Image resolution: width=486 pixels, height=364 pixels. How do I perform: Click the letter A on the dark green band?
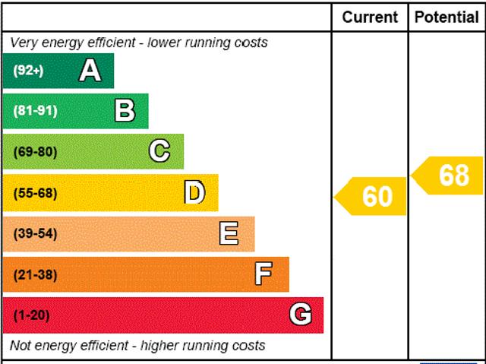[90, 71]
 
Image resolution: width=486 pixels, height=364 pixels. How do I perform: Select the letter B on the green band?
[125, 111]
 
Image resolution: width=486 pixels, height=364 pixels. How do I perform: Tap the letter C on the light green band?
[159, 151]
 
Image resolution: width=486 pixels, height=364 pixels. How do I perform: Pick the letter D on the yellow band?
[194, 193]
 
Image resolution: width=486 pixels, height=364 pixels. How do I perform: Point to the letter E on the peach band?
[229, 233]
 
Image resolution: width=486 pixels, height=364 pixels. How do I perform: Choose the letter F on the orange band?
[264, 274]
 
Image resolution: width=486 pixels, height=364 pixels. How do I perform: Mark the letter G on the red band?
[301, 315]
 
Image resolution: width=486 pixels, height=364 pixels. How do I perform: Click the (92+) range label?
[29, 71]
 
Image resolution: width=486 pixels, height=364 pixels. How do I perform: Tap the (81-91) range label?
[35, 111]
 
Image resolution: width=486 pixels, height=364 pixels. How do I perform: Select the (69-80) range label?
[35, 152]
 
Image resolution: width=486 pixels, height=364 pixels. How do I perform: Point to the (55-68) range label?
[35, 193]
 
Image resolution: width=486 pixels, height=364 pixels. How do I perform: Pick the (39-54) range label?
[35, 233]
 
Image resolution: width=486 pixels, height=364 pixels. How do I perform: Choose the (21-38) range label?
[35, 274]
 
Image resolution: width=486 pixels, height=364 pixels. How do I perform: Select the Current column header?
[370, 17]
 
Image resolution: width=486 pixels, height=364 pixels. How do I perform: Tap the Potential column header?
[447, 17]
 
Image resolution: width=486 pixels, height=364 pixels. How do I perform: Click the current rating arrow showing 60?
[372, 196]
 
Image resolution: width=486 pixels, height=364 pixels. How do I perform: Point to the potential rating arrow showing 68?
[450, 176]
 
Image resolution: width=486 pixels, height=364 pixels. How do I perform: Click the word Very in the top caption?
[24, 43]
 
